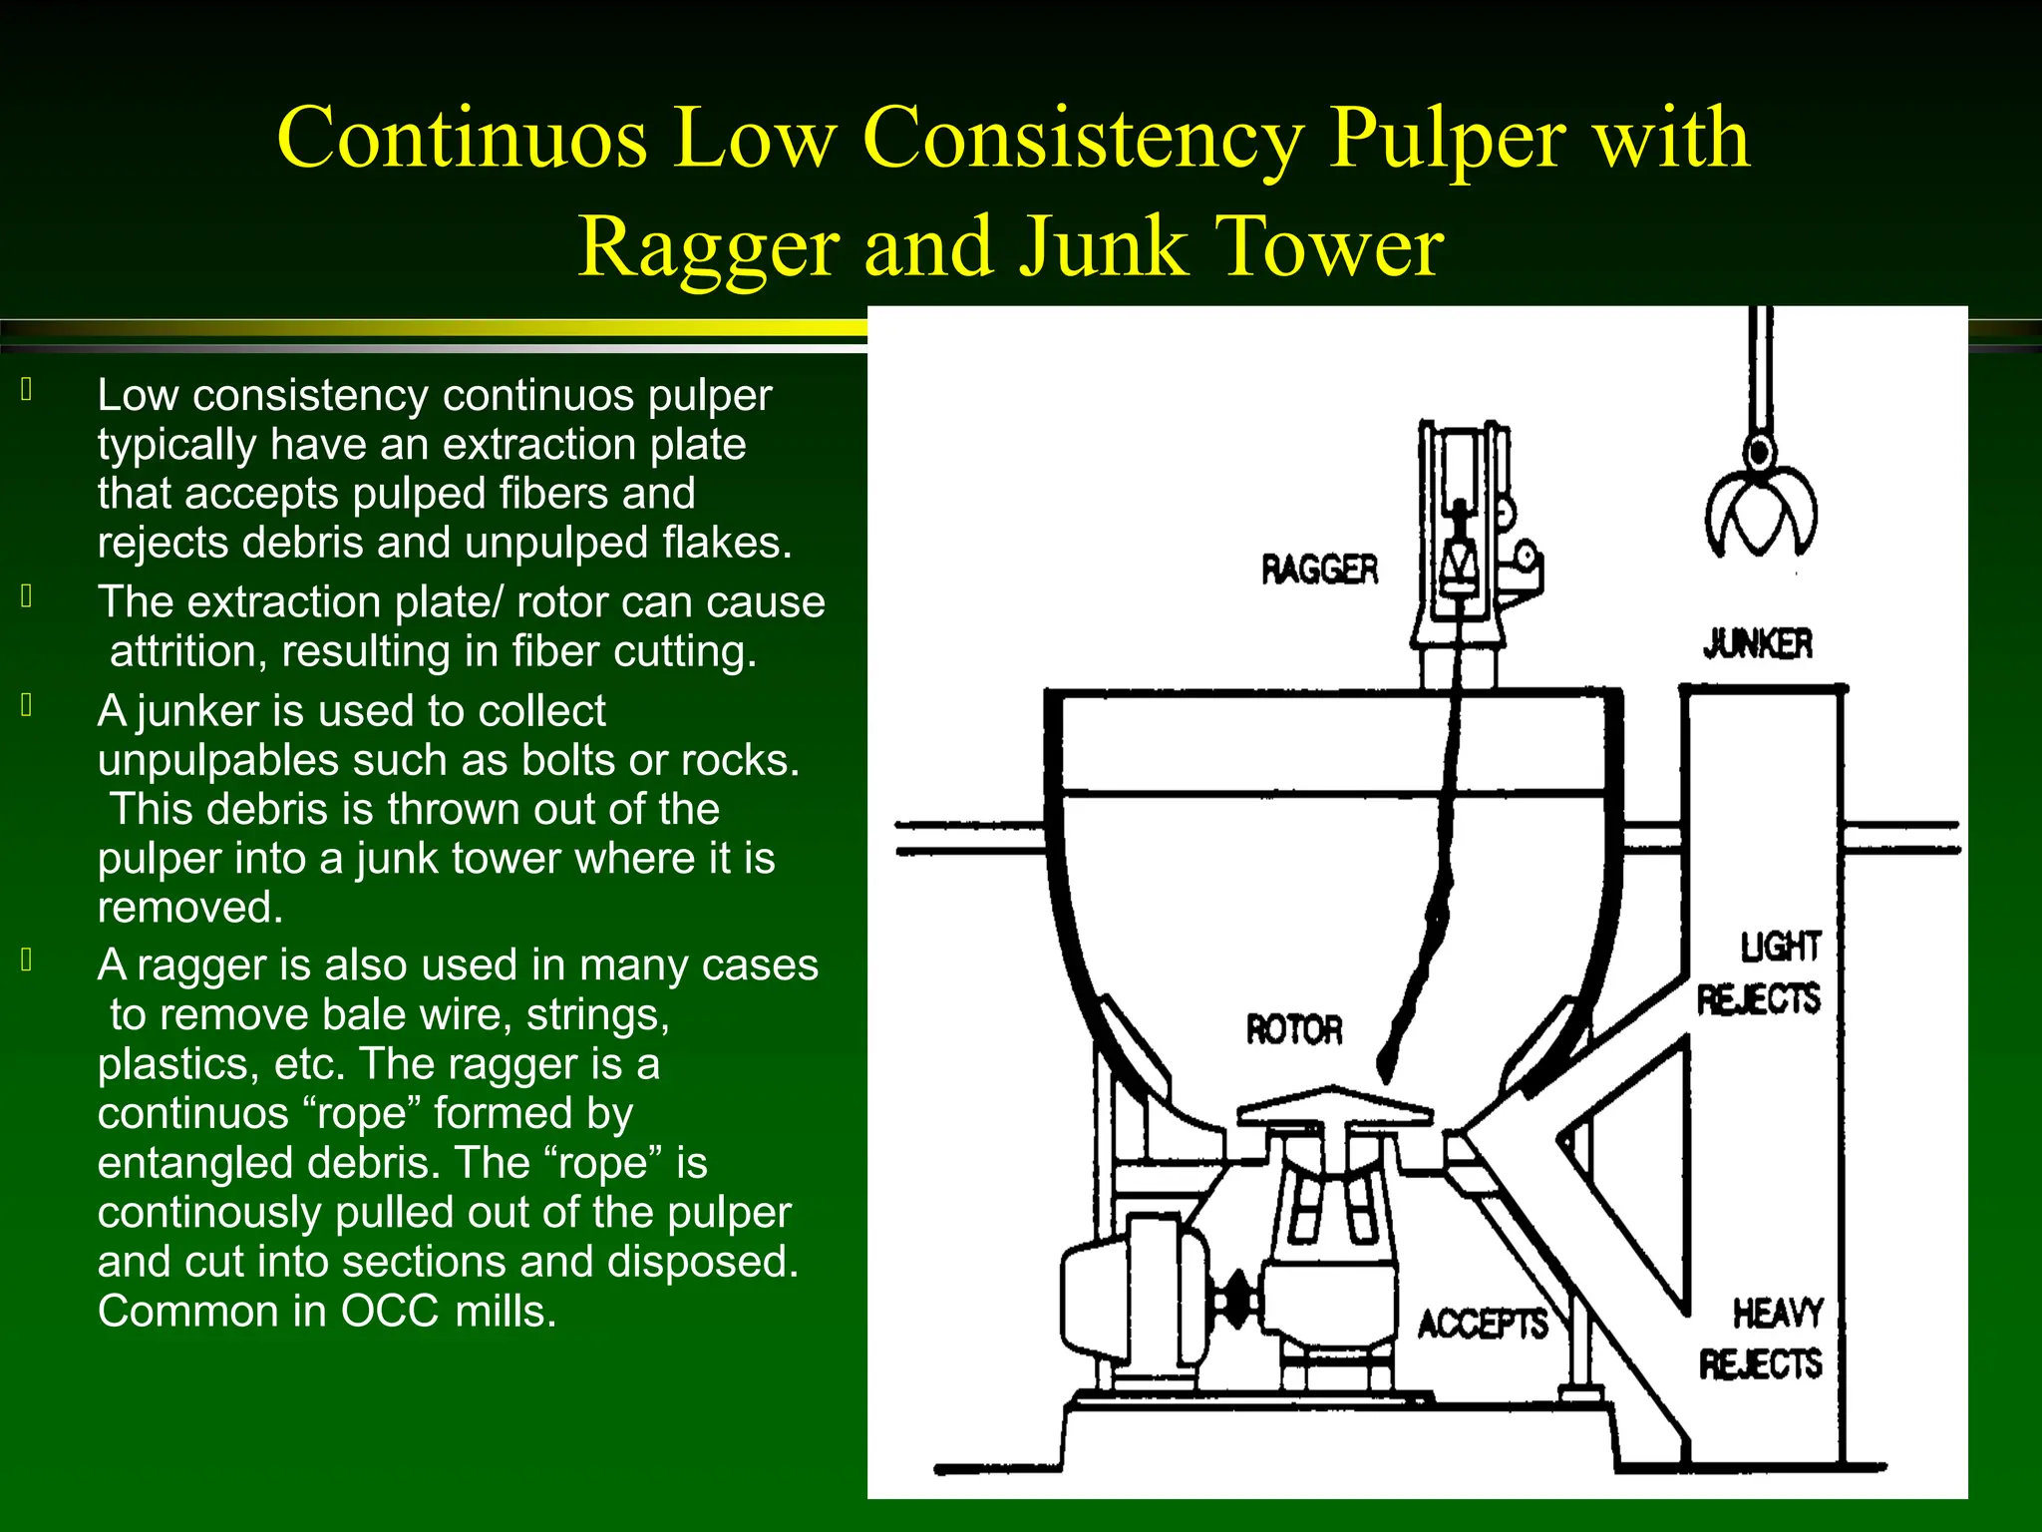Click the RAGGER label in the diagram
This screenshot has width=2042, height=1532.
pos(1319,570)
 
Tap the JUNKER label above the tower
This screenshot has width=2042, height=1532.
pos(1757,644)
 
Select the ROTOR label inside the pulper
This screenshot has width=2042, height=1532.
pos(1294,1029)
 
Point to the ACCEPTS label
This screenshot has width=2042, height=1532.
pos(1483,1325)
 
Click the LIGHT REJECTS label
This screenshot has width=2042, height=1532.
pos(1761,972)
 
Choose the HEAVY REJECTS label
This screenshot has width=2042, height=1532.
pos(1763,1339)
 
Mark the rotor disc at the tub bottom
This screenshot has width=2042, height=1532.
pos(1334,1110)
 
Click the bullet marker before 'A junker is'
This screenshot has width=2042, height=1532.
pos(27,706)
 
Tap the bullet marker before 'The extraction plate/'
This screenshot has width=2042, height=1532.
pos(27,597)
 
